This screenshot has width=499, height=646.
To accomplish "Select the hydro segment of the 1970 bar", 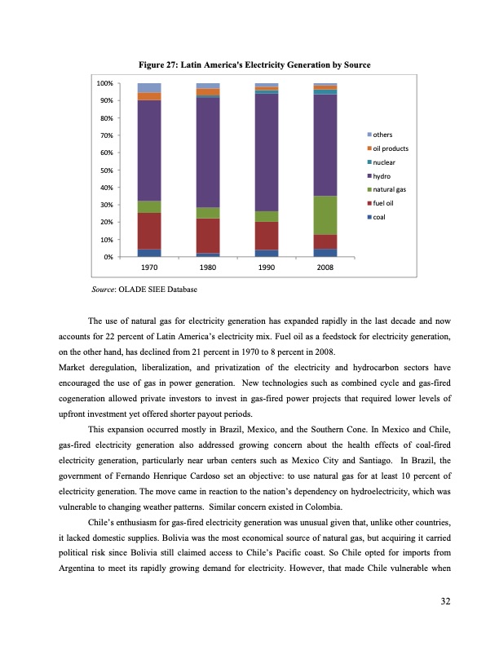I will click(149, 150).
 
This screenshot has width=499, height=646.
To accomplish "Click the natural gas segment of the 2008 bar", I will click(325, 215).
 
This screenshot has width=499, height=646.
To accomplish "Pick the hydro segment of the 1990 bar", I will click(267, 152).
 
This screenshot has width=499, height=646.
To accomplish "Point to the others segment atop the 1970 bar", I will click(149, 88).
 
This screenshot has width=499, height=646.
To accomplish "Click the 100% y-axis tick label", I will click(104, 83).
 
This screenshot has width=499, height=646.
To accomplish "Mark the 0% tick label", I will click(108, 258).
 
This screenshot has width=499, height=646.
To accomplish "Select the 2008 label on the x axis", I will click(325, 268).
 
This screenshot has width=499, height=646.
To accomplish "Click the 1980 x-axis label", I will click(208, 268).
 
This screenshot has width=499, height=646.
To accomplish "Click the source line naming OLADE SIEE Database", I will click(143, 289).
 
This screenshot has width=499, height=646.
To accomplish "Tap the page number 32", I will click(445, 601).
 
